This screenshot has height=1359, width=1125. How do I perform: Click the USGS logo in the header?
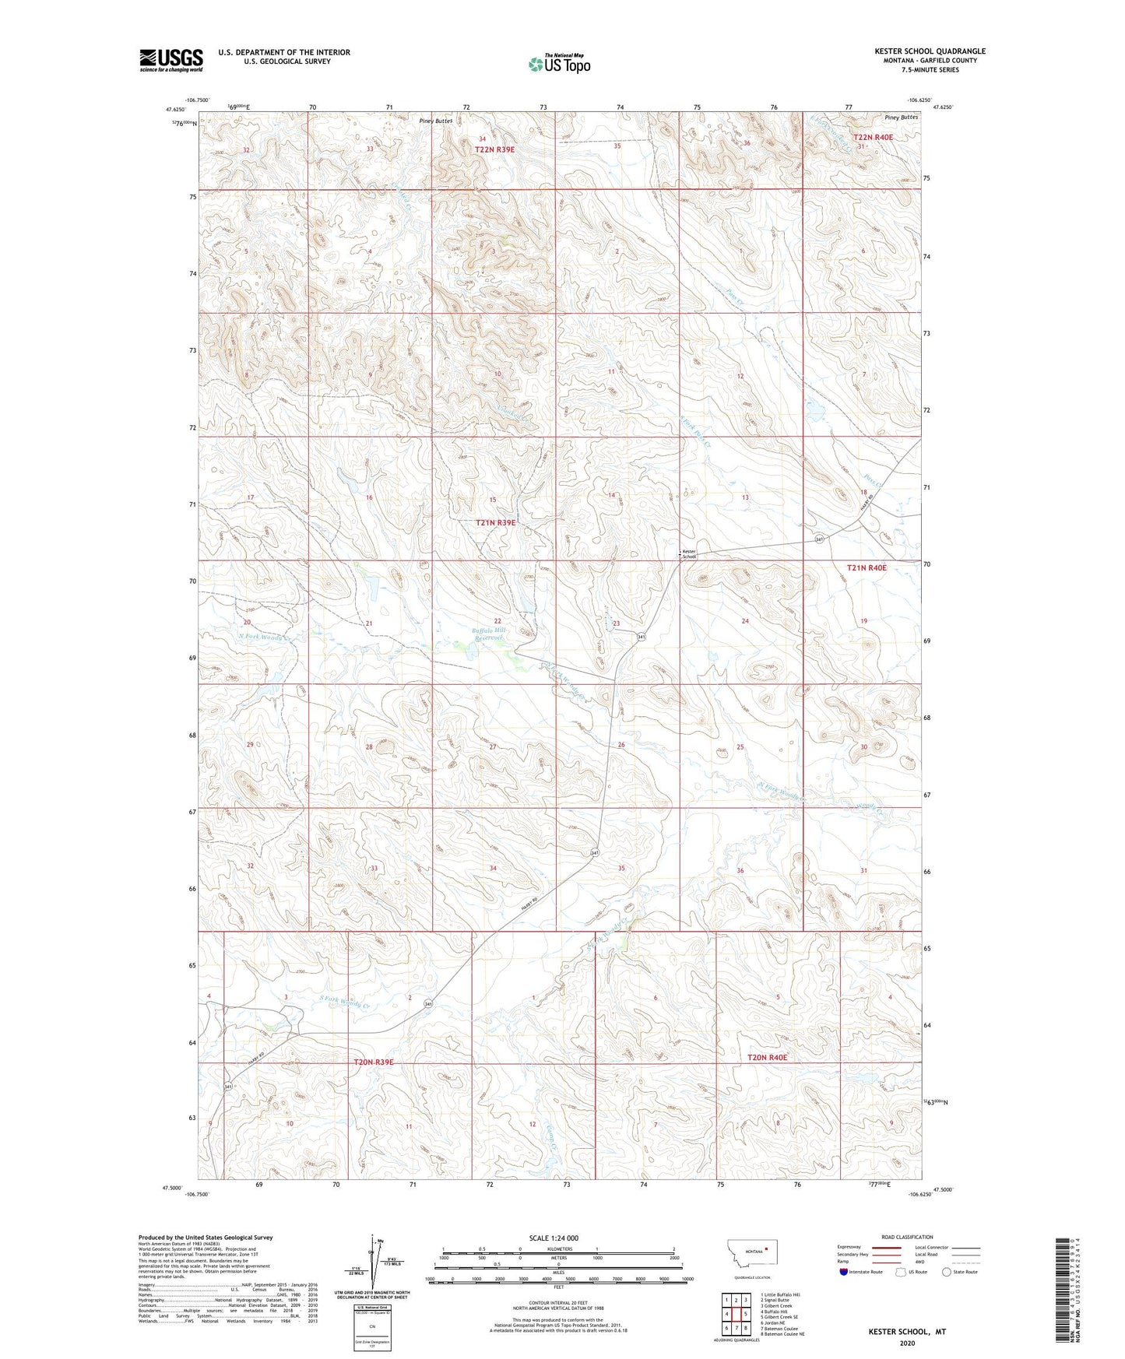tap(171, 60)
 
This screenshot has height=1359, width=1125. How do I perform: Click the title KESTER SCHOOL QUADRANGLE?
tap(930, 51)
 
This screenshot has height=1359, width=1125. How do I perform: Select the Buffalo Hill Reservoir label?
tap(489, 634)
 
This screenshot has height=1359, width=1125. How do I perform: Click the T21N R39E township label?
tap(495, 523)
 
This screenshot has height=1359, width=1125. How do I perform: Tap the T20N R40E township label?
tap(767, 1057)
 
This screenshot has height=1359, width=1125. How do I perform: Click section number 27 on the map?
tap(493, 747)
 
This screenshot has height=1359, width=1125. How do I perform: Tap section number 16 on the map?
tap(369, 497)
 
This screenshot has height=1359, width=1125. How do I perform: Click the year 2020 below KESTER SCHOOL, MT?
tap(907, 1343)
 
